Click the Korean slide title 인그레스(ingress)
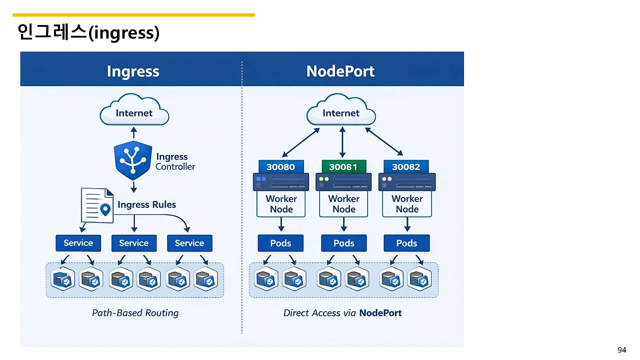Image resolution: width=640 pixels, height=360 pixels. (88, 32)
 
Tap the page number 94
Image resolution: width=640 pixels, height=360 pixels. (621, 350)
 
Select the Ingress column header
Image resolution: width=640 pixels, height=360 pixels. (133, 71)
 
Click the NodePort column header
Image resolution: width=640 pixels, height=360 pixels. (340, 71)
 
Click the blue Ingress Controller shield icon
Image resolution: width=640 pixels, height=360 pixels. (133, 160)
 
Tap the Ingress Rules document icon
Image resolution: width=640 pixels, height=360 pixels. (96, 205)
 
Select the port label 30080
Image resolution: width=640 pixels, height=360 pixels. (280, 167)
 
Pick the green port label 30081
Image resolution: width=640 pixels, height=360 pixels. (343, 167)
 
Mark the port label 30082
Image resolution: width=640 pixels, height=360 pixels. (406, 167)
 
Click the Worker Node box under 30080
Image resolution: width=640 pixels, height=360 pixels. (281, 204)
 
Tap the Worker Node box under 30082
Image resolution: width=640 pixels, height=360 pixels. (407, 204)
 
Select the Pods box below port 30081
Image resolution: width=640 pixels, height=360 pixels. (344, 243)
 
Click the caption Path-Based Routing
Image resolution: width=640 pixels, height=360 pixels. (135, 313)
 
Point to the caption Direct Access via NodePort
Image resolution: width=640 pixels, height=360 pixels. (342, 313)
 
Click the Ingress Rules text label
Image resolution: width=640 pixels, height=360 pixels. (146, 204)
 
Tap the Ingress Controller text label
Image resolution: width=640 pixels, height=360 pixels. (175, 161)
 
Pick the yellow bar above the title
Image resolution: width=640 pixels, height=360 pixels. (133, 15)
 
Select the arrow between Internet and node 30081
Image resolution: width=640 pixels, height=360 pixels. (342, 142)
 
